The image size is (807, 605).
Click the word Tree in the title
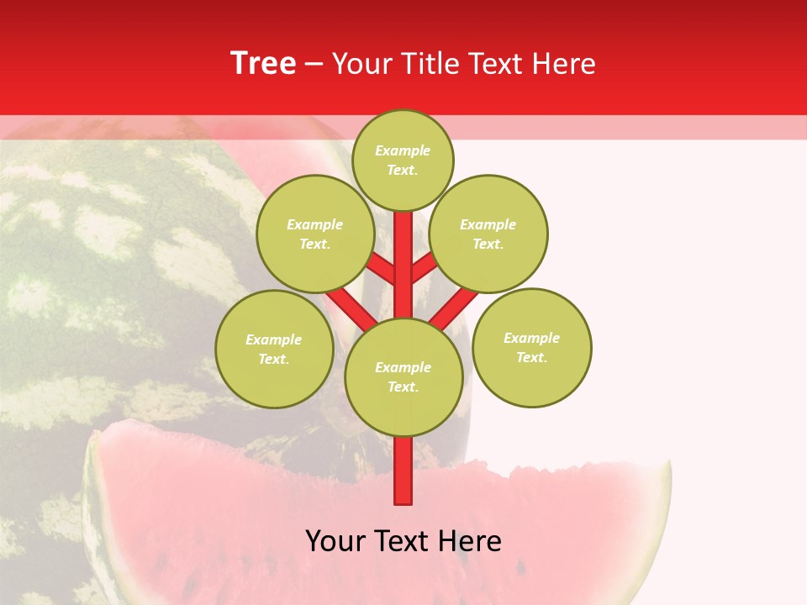(x=263, y=64)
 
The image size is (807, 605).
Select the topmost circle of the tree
(x=403, y=160)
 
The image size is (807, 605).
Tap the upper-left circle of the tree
(x=315, y=234)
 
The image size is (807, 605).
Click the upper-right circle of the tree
(x=488, y=234)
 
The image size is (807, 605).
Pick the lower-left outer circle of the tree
(x=274, y=349)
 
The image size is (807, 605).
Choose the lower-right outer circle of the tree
(x=532, y=347)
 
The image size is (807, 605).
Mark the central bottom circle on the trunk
(x=403, y=377)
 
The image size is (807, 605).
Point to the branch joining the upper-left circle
(x=381, y=269)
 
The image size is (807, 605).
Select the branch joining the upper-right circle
(x=424, y=267)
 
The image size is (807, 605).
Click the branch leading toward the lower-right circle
(x=454, y=308)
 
